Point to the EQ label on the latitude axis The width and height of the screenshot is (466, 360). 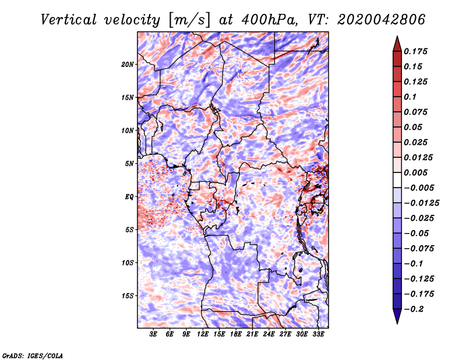coord(129,196)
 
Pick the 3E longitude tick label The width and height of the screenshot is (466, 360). coord(154,334)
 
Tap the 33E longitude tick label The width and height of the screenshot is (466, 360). coord(319,334)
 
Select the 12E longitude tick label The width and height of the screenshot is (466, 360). coord(203,334)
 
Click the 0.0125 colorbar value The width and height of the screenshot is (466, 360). coord(419,157)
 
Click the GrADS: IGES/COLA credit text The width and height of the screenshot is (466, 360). coord(32,355)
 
